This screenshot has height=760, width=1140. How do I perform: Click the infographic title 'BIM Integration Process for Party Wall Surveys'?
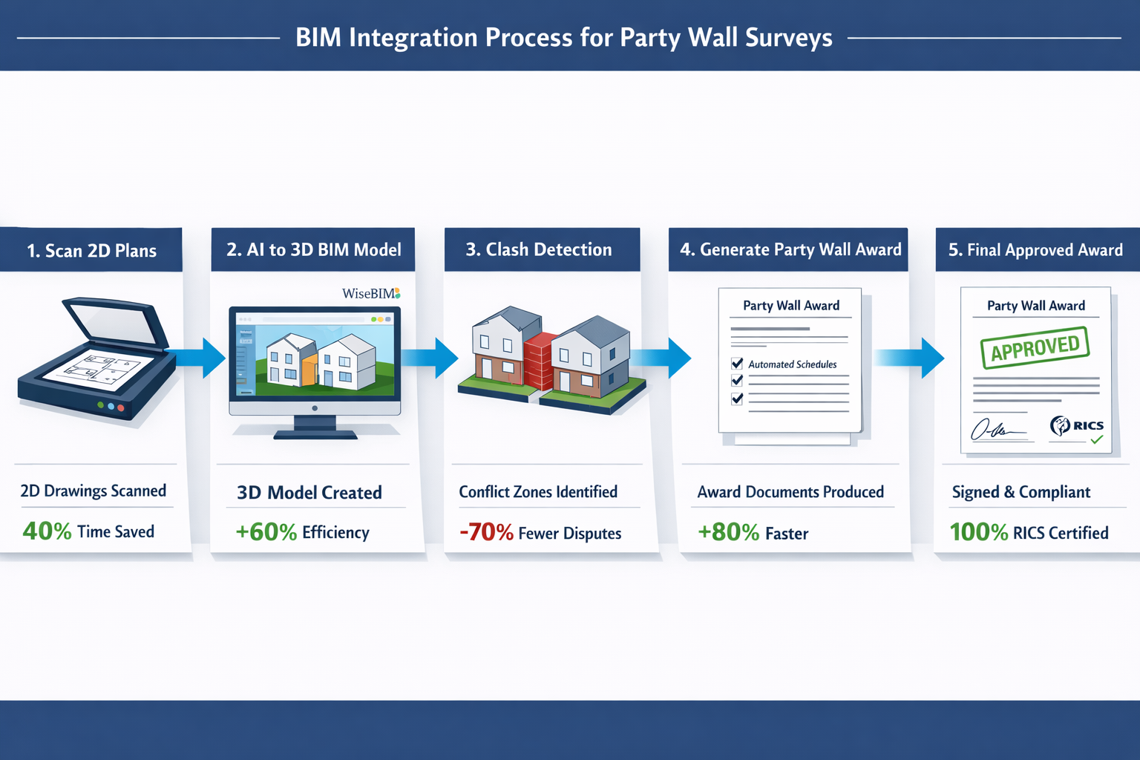pyautogui.click(x=563, y=37)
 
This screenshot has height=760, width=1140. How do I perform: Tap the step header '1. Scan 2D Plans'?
pyautogui.click(x=91, y=251)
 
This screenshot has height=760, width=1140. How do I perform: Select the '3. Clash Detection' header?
pyautogui.click(x=539, y=250)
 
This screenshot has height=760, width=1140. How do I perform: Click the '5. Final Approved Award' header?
pyautogui.click(x=1035, y=250)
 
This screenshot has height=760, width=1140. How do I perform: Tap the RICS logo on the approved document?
pyautogui.click(x=1077, y=426)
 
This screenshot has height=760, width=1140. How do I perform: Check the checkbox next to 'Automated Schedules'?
pyautogui.click(x=737, y=364)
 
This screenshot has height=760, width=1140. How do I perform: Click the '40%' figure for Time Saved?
pyautogui.click(x=47, y=531)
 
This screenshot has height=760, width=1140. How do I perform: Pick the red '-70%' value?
pyautogui.click(x=486, y=533)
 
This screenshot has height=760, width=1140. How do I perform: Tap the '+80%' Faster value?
pyautogui.click(x=728, y=533)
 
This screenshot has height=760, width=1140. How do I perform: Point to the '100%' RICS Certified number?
pyautogui.click(x=978, y=533)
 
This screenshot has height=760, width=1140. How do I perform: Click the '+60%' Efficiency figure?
pyautogui.click(x=266, y=533)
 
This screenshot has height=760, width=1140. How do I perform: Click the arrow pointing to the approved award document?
pyautogui.click(x=911, y=358)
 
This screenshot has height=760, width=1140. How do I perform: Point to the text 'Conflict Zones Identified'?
pyautogui.click(x=538, y=492)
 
